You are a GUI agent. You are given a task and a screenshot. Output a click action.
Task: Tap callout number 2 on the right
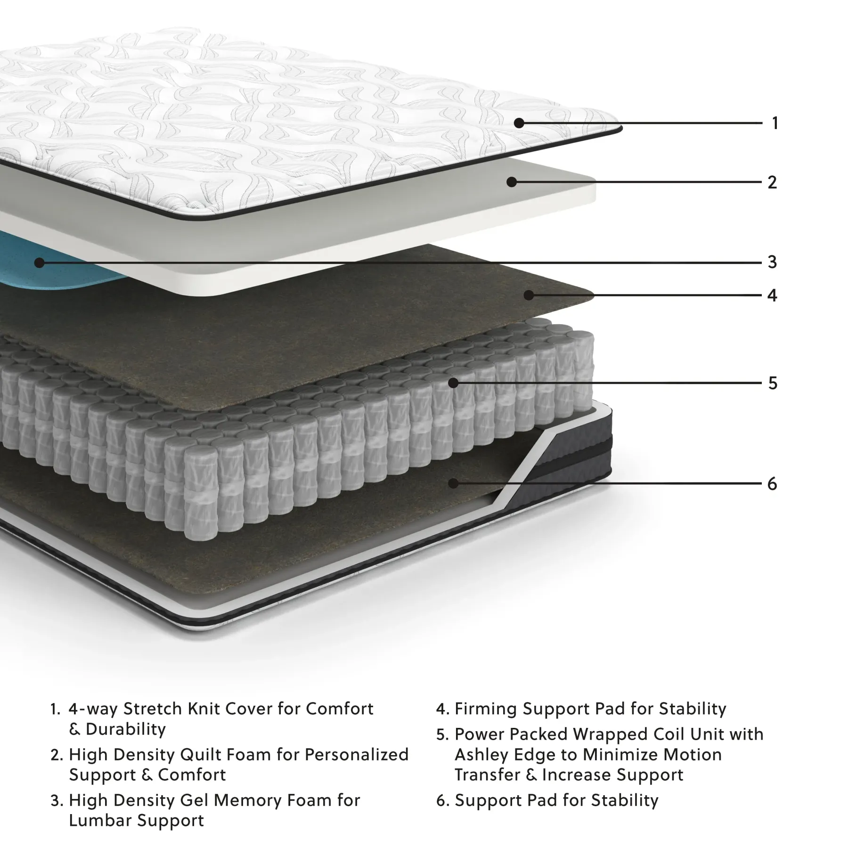tap(772, 182)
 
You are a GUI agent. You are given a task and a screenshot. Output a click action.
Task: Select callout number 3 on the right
tap(772, 262)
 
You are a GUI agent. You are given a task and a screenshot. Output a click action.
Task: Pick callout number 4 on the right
tap(772, 295)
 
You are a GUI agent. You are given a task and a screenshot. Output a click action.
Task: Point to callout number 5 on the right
tap(773, 383)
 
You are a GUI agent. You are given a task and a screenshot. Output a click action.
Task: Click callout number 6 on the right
tap(772, 483)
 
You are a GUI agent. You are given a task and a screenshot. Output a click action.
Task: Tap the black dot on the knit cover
tap(519, 123)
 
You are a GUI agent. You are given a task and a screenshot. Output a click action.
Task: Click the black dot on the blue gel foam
tap(40, 263)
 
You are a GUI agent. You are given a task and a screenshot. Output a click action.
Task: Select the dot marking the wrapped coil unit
tap(453, 383)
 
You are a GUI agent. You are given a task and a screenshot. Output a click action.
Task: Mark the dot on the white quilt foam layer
tap(512, 182)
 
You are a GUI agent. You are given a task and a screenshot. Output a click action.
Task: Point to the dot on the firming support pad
tap(529, 295)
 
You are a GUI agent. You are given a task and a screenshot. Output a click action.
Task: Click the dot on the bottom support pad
tap(454, 483)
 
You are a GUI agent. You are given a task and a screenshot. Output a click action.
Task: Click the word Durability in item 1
tap(126, 729)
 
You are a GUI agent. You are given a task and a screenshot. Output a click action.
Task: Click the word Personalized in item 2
tap(357, 755)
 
